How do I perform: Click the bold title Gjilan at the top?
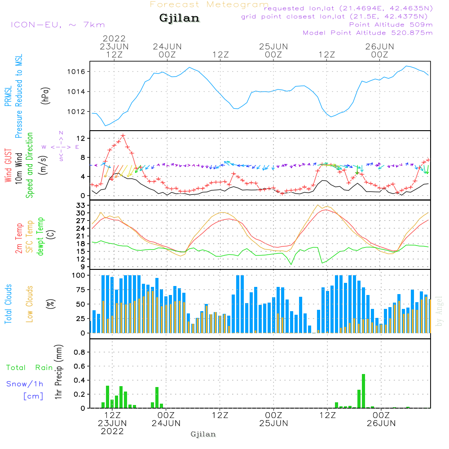pos(179,18)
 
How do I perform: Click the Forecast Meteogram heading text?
pos(209,4)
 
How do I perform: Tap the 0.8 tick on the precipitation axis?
pos(79,352)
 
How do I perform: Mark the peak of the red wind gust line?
pos(123,135)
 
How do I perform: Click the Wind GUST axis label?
pos(9,166)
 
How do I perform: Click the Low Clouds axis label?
pos(30,304)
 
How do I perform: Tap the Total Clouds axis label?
pos(9,304)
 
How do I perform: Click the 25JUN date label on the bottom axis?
pos(273,423)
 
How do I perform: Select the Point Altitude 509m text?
pos(391,24)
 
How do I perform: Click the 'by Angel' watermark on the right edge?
pos(439,311)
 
